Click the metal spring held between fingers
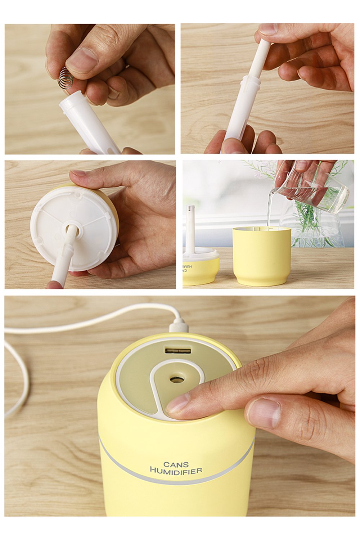66,78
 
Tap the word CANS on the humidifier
176,464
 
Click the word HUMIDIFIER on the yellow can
176,471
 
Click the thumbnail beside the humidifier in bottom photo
264,413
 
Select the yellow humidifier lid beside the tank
201,268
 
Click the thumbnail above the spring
82,60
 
